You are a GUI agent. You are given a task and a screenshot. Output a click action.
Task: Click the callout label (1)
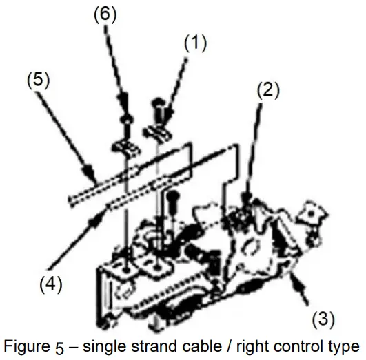coord(195,43)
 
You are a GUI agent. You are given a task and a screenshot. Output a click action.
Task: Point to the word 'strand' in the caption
coord(157,345)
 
